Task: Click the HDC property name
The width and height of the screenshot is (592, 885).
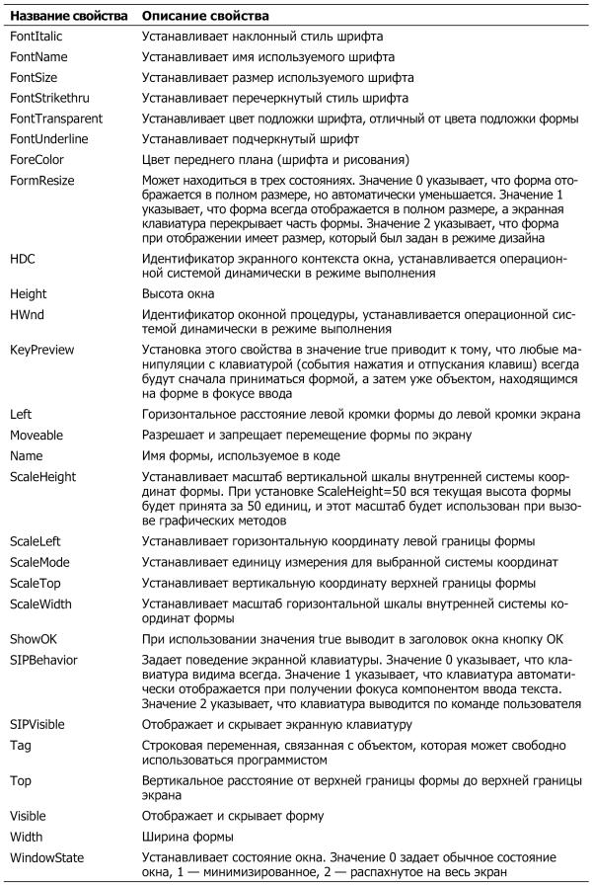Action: (x=21, y=258)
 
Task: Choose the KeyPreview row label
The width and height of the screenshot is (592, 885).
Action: (x=41, y=350)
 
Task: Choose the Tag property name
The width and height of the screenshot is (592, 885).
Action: (x=20, y=744)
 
